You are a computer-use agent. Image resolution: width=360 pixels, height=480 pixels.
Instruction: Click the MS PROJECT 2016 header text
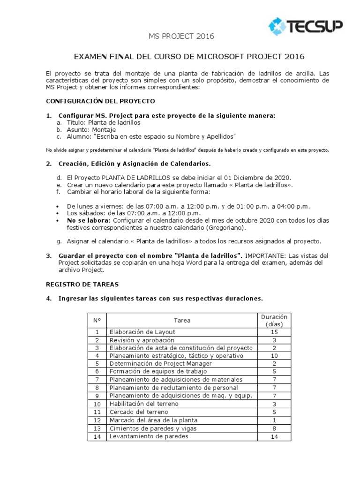(x=175, y=36)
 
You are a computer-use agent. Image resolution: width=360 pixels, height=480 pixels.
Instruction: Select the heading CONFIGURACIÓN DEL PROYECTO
(x=100, y=101)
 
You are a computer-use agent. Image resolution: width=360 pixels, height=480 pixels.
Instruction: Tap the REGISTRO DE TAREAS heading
(x=82, y=284)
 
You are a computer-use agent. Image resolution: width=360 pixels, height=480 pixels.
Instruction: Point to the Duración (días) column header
(x=274, y=320)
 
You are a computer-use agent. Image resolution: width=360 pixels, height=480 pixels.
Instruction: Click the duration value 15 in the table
(x=274, y=332)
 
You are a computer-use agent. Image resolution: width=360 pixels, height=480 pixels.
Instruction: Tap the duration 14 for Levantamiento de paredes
(x=274, y=436)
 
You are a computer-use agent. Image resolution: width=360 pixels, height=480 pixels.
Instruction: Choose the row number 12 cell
(x=97, y=420)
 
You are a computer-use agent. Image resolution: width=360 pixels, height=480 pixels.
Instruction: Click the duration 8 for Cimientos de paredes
(x=274, y=428)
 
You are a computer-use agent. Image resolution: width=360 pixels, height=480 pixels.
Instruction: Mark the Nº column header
(x=97, y=321)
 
